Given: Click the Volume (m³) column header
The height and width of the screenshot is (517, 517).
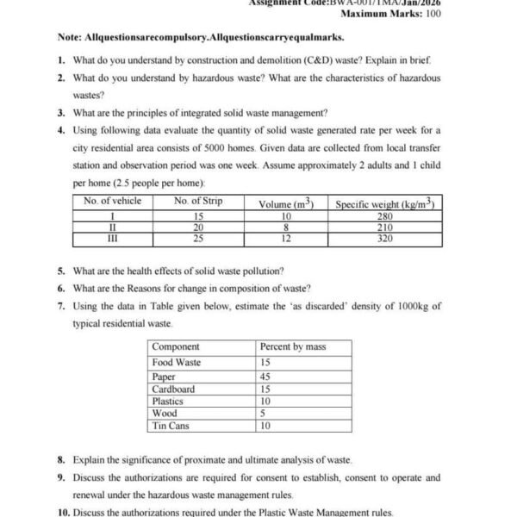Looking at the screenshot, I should coord(286,204).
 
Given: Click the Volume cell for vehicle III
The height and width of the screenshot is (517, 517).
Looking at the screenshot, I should coord(286,239).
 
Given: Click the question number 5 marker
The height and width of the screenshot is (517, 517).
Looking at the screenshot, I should coord(60,271).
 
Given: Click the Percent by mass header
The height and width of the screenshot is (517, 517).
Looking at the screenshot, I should coord(293,347).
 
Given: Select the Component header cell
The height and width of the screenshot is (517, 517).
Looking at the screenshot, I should coord(176,347).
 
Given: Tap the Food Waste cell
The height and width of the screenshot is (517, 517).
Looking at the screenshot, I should coord(177,363).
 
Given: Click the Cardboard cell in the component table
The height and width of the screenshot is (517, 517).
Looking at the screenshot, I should coord(173,389).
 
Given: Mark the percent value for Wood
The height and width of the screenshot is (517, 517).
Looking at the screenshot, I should coord(263,413).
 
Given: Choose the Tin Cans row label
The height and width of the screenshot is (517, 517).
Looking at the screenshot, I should coord(171,426).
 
